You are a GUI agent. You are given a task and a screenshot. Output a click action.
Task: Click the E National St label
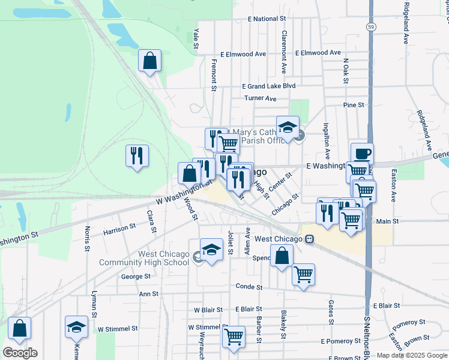point(261,19)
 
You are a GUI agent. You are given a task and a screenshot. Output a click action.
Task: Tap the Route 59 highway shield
point(372,28)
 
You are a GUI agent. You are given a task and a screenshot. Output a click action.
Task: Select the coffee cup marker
point(362,154)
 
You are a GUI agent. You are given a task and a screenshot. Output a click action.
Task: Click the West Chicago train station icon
point(309,239)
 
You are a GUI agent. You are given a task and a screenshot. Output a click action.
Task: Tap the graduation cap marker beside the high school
point(211,249)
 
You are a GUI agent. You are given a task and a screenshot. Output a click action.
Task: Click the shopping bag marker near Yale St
point(149,61)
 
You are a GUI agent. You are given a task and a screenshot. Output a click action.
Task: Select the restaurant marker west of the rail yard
point(137,155)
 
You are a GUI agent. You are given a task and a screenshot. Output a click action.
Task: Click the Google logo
point(20,353)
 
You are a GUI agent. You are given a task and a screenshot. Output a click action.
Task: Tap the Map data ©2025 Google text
point(412,355)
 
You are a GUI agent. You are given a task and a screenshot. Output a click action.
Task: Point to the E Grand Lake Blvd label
point(269,86)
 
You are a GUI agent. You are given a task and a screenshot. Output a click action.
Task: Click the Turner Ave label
point(260,98)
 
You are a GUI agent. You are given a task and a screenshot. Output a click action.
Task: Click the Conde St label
point(249,287)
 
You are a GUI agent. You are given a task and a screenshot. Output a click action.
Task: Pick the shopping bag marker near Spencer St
point(282,256)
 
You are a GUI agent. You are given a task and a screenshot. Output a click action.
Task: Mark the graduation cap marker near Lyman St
point(76,327)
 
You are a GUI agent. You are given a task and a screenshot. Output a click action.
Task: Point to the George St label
point(136,277)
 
